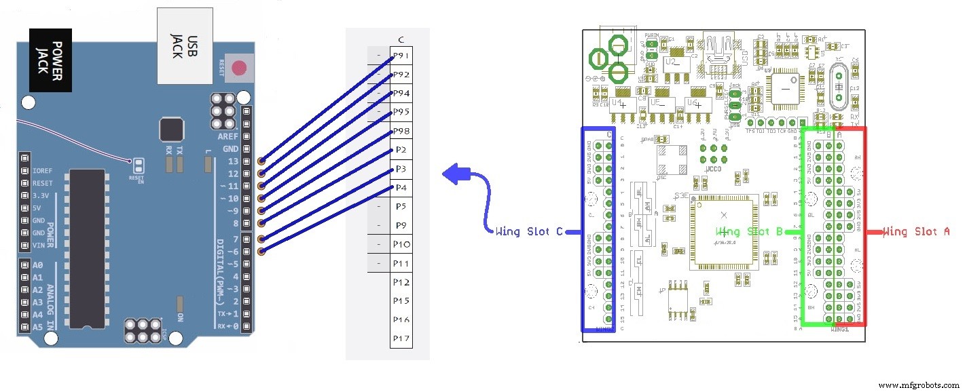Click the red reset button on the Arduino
(x=239, y=68)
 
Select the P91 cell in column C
(x=401, y=56)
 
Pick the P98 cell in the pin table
(x=401, y=131)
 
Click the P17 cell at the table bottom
(x=401, y=338)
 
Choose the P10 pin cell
(x=401, y=243)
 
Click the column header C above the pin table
(x=401, y=39)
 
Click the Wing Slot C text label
(x=529, y=232)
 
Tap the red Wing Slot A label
(x=916, y=232)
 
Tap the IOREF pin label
(x=42, y=171)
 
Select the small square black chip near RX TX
(x=172, y=129)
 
